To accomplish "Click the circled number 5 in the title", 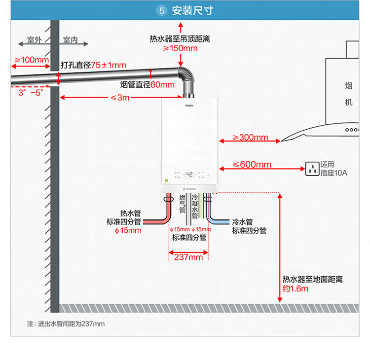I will tap(161, 10).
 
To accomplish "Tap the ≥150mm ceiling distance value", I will tap(181, 48).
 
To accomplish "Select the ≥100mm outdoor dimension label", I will tap(31, 60).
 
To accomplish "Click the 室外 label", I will tap(34, 40).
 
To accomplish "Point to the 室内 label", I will tap(71, 40).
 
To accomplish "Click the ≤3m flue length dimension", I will tap(120, 97).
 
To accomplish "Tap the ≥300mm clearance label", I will tap(250, 138).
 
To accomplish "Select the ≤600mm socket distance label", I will tap(252, 165).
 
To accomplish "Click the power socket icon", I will tap(312, 169).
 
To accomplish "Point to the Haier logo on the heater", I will tap(189, 105).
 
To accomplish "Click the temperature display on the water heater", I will tap(189, 174).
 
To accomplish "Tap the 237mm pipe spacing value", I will tap(188, 257).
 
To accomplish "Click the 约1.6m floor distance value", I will tap(296, 288).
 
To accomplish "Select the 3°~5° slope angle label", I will tap(31, 92).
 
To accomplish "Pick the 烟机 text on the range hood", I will tap(349, 94).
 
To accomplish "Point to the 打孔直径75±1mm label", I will tap(93, 65).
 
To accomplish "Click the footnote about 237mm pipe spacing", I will tap(66, 324).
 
